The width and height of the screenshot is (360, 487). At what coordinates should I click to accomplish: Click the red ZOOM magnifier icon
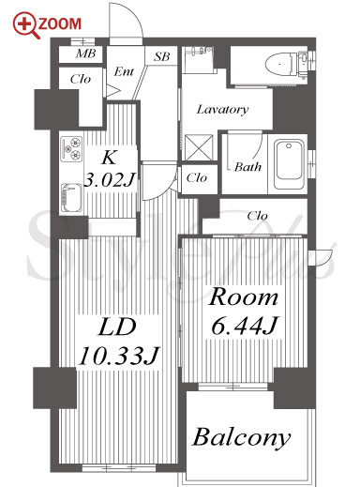coord(26,25)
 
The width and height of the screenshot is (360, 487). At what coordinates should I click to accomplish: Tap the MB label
coord(85,53)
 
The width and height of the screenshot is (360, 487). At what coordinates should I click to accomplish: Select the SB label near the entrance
coord(162,56)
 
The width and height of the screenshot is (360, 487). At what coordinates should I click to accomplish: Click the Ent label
coord(124,71)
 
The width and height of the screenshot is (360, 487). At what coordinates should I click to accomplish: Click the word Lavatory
coord(222,109)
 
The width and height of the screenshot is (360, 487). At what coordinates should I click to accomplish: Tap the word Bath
coord(247,167)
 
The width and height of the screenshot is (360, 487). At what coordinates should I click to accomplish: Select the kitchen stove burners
coord(71,149)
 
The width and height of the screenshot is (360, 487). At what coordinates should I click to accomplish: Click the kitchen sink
coord(71,197)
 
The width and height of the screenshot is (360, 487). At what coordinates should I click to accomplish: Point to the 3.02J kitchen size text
coord(109,180)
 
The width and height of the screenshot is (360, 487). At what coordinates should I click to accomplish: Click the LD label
coord(117,327)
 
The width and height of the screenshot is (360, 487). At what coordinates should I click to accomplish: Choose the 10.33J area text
coord(119,356)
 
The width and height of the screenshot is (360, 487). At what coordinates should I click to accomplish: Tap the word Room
coord(243,297)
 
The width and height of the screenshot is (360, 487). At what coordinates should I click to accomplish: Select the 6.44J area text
coord(244,326)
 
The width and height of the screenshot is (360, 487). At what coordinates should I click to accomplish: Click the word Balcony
coord(241,437)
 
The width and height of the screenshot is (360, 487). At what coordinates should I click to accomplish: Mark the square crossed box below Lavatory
coord(199,147)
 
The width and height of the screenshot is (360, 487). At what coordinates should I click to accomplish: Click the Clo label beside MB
coord(81,79)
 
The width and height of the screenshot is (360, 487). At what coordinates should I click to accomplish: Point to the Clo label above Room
coord(257,216)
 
